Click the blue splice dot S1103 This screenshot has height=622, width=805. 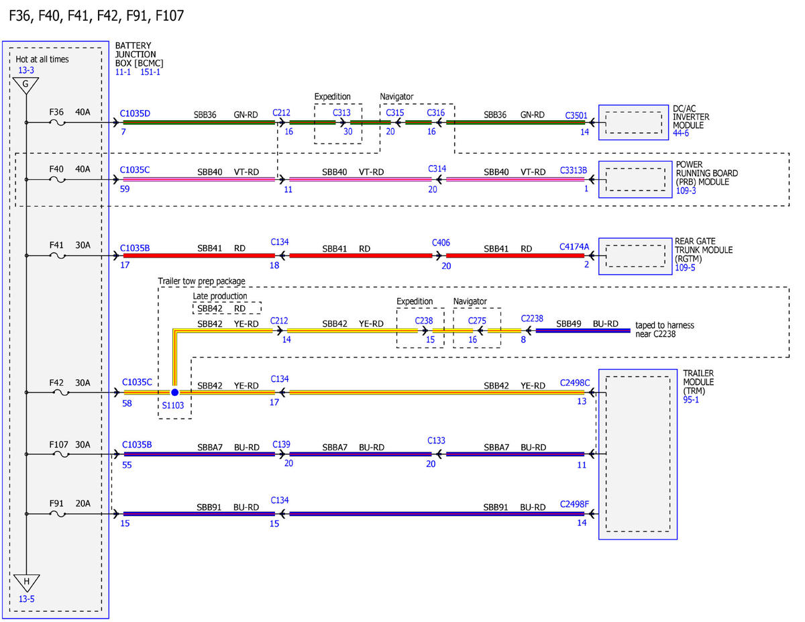pos(174,392)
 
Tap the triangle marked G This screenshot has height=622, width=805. pos(25,85)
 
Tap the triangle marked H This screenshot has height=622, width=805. pos(26,582)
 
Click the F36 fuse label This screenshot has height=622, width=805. pos(56,112)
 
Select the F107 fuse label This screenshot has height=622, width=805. pos(58,444)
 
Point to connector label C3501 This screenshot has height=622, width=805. pos(576,115)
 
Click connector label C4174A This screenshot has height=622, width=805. pos(574,246)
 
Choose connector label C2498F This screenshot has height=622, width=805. pos(574,504)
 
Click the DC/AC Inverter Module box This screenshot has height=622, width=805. pos(633,122)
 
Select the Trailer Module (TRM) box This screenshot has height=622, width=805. pos(637,454)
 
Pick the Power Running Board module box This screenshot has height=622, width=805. pos(635,179)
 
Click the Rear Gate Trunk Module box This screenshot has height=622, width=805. pos(635,256)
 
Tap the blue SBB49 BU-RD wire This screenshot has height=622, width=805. pos(583,330)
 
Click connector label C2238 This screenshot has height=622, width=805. pos(531,319)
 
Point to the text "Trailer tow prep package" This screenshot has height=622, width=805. pos(201,281)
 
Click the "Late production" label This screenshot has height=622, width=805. pos(219,296)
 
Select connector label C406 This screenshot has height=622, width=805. pos(441,243)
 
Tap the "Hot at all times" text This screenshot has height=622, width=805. pos(42,59)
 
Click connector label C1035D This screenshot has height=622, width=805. pos(135,113)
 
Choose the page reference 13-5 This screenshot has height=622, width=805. pos(26,599)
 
